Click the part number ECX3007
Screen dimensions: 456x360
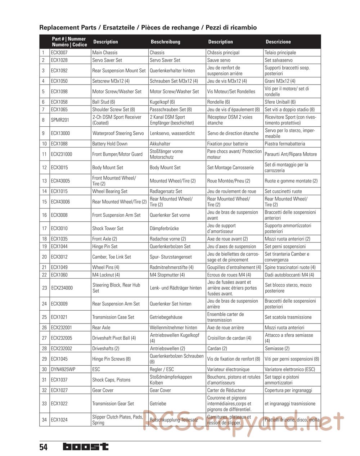[59, 53]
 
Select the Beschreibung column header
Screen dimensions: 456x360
[165, 42]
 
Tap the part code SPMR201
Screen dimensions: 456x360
[60, 120]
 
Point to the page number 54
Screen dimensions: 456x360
[43, 447]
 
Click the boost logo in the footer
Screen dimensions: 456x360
[85, 447]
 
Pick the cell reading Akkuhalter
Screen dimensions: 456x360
[160, 144]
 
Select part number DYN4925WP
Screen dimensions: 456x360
[63, 369]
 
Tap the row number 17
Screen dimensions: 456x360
[44, 228]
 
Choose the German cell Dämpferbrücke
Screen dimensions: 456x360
[164, 228]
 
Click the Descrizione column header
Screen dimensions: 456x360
[278, 42]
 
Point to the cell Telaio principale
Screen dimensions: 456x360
[280, 53]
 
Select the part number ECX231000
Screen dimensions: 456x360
[61, 154]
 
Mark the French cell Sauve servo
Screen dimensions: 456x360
[219, 60]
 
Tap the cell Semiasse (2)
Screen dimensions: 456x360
[277, 348]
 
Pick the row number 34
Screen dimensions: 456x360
[44, 420]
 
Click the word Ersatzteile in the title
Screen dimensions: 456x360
[120, 27]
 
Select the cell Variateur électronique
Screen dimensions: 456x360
[228, 369]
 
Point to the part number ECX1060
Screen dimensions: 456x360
[59, 275]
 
